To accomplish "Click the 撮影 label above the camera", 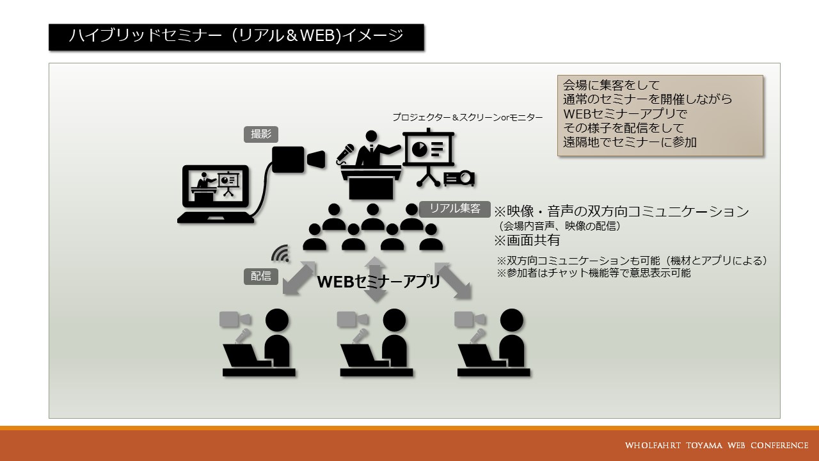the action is point(260,134).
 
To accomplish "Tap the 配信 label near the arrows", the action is point(260,276).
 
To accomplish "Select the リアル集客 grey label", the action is point(454,209).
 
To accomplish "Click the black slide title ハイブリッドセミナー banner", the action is point(236,37).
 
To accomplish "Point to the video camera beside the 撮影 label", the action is point(298,159).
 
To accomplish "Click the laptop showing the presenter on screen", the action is point(216,194).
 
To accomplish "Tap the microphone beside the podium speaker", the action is point(345,153).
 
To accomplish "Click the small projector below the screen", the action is point(459,179).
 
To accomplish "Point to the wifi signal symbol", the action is point(281,254).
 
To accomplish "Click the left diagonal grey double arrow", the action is point(299,278).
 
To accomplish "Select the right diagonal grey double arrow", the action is point(452,281).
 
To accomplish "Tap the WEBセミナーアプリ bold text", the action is point(378,282).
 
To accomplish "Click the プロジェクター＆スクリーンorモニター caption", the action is point(468,117).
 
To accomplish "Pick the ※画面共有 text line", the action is point(527,240).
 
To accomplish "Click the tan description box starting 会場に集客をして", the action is point(660,116).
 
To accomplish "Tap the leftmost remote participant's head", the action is point(277,320).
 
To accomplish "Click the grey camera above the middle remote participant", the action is point(353,319).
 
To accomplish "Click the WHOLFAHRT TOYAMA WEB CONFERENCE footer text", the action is point(717,446).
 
